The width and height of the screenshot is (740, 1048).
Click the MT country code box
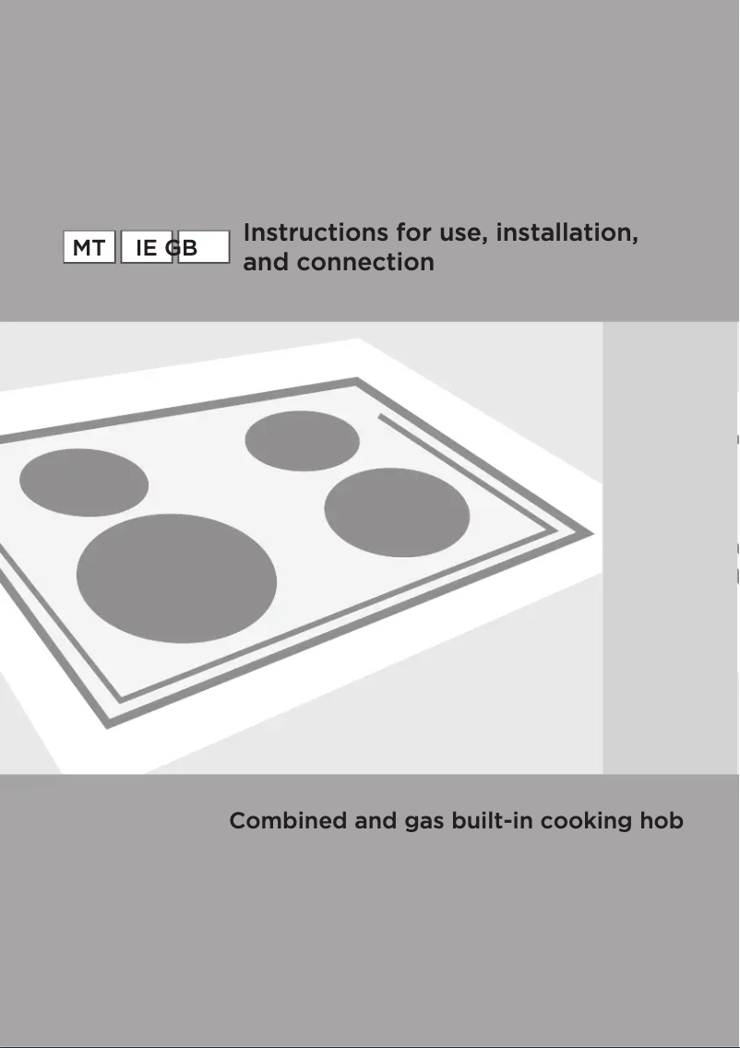point(89,248)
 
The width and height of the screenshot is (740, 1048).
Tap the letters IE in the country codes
point(146,248)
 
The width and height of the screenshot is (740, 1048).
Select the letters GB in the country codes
point(183,248)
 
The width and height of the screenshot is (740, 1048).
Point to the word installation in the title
point(566,232)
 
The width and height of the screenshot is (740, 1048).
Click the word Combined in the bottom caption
point(288,820)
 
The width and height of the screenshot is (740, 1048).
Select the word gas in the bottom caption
point(424,822)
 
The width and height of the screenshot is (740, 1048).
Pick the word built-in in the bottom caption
point(492,820)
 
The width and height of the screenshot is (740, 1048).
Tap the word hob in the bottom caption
point(662,820)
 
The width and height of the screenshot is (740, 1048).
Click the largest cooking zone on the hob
point(176,578)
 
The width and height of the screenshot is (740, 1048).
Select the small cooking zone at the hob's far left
point(83,482)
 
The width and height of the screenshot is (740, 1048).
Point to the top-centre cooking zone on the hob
point(302,440)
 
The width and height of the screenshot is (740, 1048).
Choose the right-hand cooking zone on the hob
point(397,512)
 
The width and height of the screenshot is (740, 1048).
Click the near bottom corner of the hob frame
point(109,723)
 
